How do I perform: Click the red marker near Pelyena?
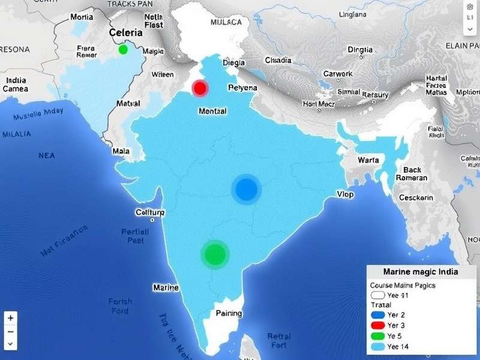[200, 88]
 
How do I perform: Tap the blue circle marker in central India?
[245, 190]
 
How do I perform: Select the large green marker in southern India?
[214, 254]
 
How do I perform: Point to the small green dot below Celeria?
[124, 49]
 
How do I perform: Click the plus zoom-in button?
[11, 317]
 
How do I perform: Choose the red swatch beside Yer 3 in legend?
[377, 325]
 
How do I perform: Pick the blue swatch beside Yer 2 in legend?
[377, 314]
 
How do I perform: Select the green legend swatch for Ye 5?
[377, 335]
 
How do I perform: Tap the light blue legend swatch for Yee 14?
[377, 346]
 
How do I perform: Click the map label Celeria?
[126, 32]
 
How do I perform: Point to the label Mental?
[212, 111]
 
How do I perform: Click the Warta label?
[368, 160]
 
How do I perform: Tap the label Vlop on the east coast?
[345, 194]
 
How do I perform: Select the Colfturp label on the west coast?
[150, 212]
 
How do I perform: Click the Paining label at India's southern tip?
[229, 313]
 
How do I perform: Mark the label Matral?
[128, 103]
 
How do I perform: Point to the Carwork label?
[338, 74]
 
